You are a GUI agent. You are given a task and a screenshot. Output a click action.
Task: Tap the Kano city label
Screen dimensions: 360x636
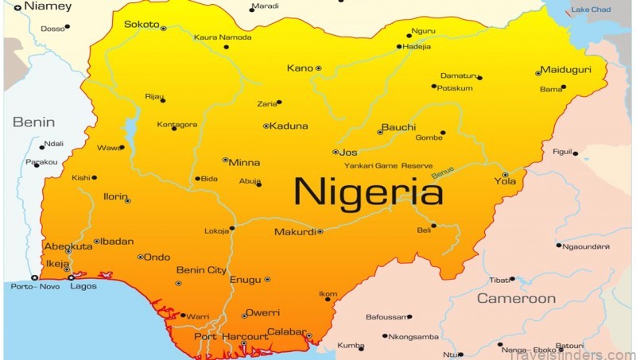pos(300,68)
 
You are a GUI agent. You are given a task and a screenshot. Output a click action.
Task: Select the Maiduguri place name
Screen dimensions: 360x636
pos(566,70)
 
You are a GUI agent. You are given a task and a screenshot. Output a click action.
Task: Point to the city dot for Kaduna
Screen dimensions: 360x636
pos(266,126)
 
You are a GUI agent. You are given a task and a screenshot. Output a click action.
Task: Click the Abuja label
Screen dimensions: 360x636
pos(250,181)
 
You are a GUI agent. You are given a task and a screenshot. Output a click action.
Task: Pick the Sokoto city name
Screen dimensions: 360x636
pos(142,25)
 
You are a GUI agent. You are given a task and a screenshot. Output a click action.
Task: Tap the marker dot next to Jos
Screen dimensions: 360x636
pos(335,152)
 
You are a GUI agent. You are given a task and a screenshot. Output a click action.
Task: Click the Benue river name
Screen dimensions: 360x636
pos(442,170)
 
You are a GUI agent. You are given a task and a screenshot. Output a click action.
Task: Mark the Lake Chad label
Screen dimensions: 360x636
pos(591,10)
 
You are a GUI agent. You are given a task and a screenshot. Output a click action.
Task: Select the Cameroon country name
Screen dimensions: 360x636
pos(516,299)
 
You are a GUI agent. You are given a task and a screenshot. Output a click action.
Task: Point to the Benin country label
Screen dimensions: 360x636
pos(33,122)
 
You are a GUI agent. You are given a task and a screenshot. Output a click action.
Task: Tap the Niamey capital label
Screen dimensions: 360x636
pos(48,6)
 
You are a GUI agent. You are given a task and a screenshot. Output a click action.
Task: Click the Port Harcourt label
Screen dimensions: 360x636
pos(231,337)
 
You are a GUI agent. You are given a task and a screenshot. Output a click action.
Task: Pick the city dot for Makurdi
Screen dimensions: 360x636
pos(320,232)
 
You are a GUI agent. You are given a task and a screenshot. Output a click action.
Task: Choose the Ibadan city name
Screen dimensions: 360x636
pos(118,242)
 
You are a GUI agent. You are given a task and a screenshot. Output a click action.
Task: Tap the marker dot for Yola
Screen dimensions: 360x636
pos(505,175)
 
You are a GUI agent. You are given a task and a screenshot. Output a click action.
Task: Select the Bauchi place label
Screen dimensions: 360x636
pos(399,127)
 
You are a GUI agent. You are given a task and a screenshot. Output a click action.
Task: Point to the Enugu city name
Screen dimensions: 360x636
pos(245,280)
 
